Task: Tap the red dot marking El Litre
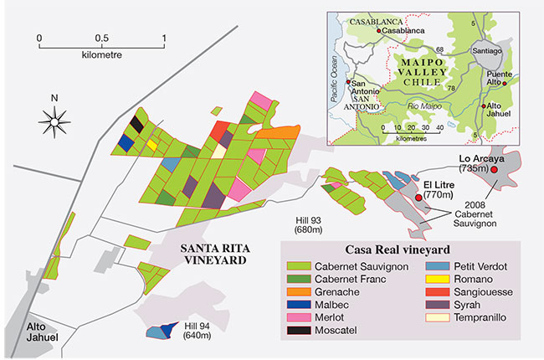pos(418,197)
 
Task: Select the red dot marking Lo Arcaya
pos(494,170)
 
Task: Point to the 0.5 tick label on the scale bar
pos(101,39)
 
